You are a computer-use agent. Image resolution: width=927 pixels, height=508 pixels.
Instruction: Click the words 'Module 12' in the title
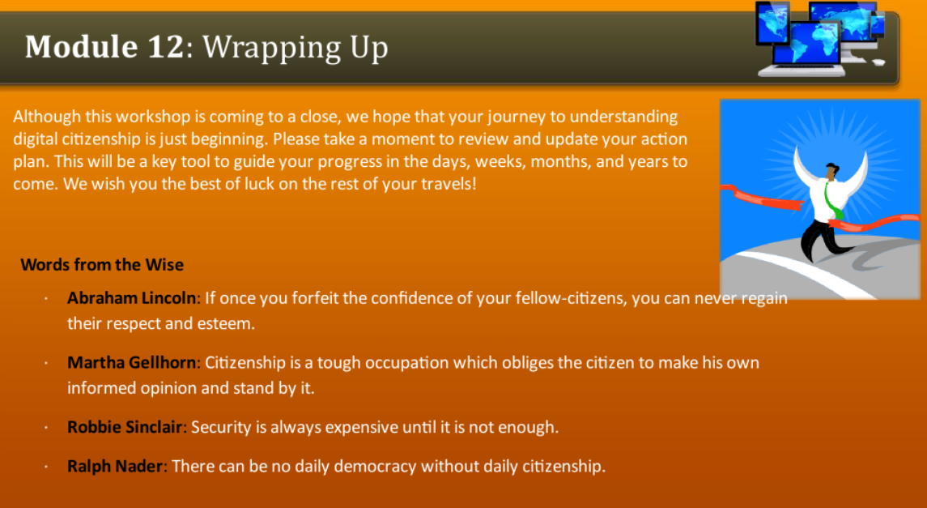pos(104,47)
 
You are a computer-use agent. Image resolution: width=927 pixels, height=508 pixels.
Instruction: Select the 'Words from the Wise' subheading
pos(102,265)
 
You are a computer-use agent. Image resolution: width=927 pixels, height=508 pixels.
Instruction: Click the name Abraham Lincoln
pos(131,298)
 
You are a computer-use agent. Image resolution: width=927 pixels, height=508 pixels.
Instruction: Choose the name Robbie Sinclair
pos(125,427)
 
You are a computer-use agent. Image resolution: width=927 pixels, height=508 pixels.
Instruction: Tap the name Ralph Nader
pos(116,466)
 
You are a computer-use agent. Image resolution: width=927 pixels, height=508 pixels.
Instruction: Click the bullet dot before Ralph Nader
pos(47,467)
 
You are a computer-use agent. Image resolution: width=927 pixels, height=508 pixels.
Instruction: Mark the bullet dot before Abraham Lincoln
pos(47,299)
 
